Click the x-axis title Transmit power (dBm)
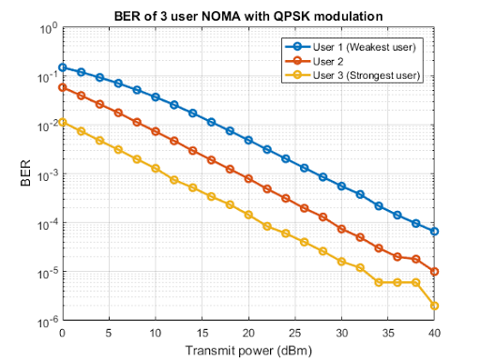[x=248, y=350]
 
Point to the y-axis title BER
[x=25, y=174]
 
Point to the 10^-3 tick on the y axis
[x=46, y=174]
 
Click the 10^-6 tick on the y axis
[x=46, y=322]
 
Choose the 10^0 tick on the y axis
[x=46, y=29]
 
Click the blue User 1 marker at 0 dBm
[x=63, y=67]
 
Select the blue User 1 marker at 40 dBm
[x=435, y=231]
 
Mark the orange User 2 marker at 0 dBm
[x=63, y=87]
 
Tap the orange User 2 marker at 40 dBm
[x=435, y=272]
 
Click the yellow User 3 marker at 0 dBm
[x=63, y=122]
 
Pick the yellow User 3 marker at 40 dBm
[x=435, y=306]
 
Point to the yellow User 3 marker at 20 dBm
[x=248, y=215]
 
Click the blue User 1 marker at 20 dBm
[x=248, y=140]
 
